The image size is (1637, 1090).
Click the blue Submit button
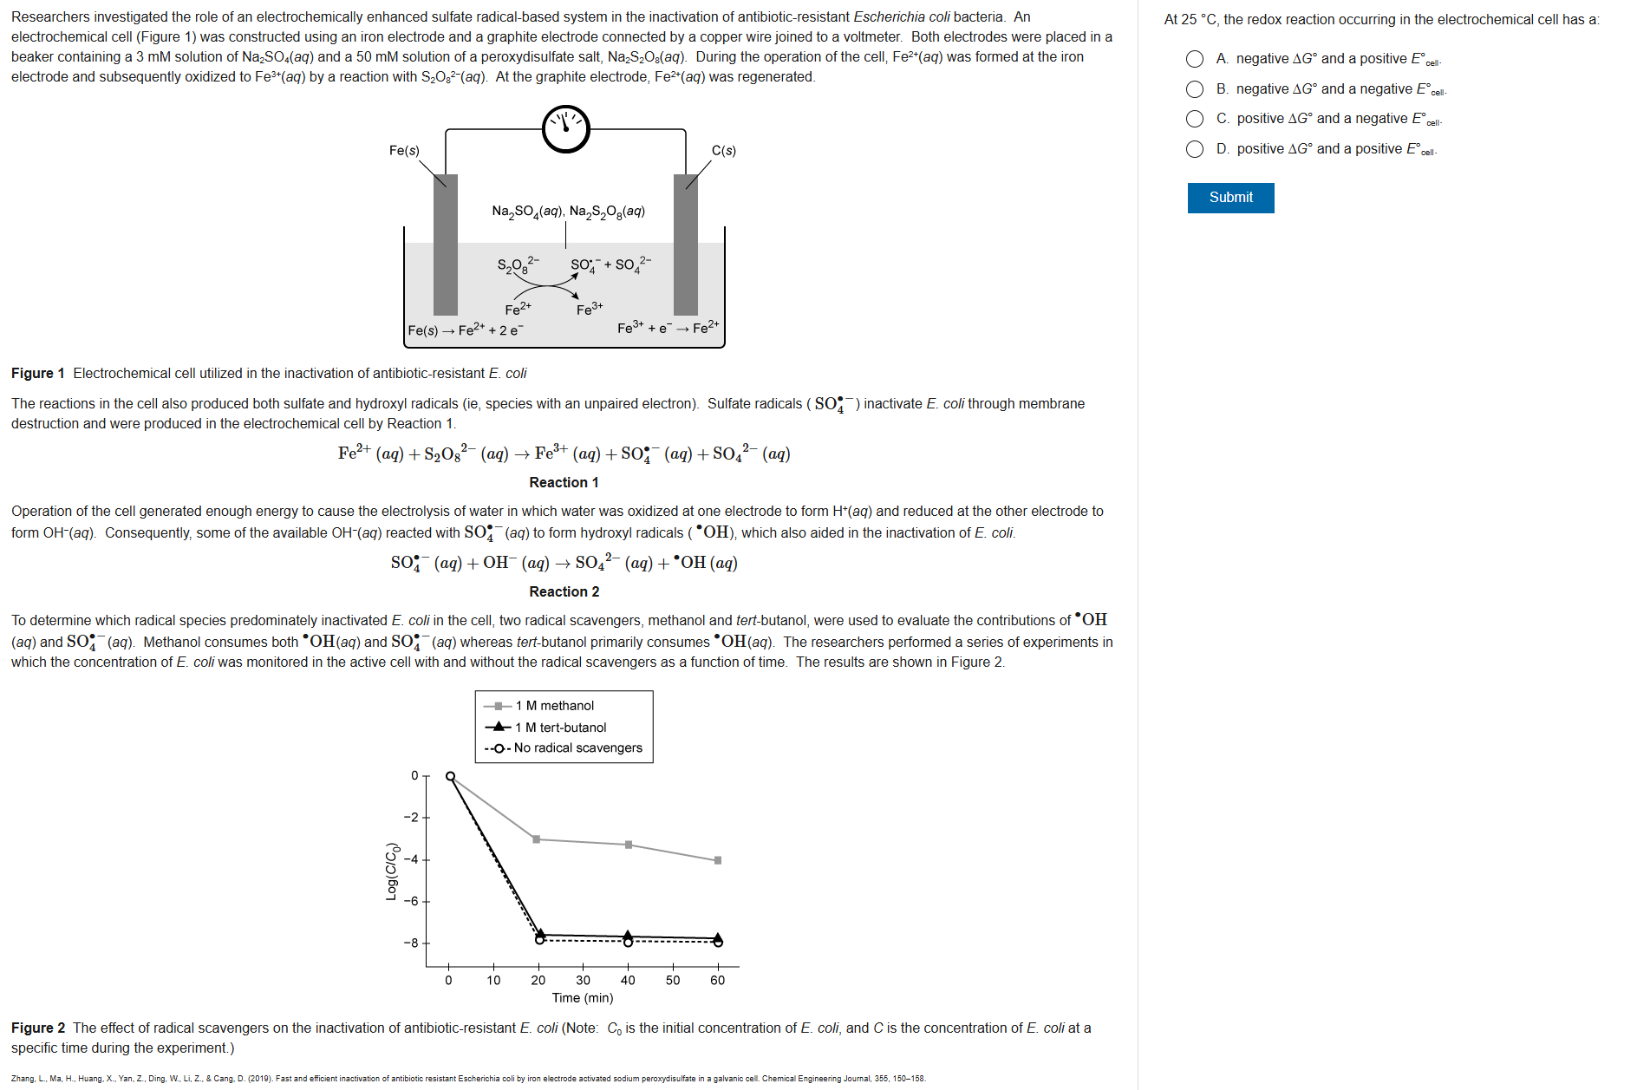[x=1230, y=198]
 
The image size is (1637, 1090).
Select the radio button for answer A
[x=1195, y=59]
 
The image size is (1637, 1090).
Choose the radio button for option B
[x=1195, y=89]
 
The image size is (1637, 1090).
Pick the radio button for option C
[x=1195, y=119]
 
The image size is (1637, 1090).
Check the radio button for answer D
[x=1195, y=149]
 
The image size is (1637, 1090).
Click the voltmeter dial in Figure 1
[x=566, y=129]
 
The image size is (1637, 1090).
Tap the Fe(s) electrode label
[x=404, y=151]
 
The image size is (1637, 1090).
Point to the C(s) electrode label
[x=724, y=151]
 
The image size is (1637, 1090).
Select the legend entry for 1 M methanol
[x=554, y=706]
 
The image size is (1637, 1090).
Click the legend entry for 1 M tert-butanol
[x=560, y=728]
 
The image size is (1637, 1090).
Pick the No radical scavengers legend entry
[x=577, y=748]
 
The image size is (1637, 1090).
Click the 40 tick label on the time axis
[x=628, y=981]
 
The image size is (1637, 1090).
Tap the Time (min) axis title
[x=583, y=998]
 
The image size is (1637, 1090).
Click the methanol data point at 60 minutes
[x=718, y=860]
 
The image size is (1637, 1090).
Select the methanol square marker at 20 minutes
[x=537, y=839]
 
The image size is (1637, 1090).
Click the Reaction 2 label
[x=564, y=591]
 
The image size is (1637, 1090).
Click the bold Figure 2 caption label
[x=38, y=1028]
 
